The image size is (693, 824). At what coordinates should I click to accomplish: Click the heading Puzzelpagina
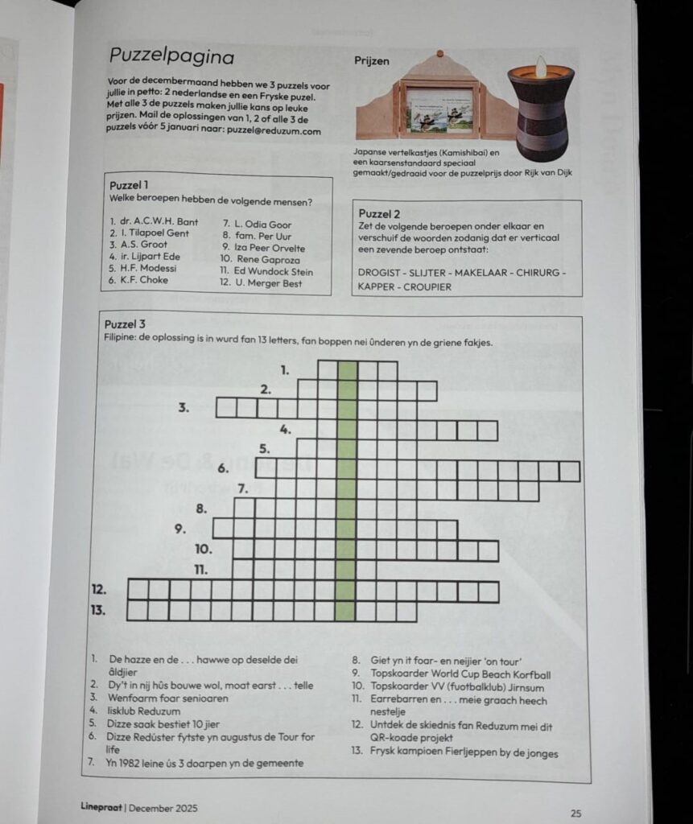(171, 56)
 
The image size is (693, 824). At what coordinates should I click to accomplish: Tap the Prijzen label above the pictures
(372, 61)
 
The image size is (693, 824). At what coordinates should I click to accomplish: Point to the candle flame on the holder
(540, 66)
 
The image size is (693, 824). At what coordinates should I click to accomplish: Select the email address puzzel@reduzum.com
(274, 131)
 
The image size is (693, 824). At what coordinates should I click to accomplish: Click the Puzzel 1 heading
(129, 186)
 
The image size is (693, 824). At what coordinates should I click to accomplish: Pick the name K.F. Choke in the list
(138, 280)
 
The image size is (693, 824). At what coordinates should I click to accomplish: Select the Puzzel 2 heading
(379, 214)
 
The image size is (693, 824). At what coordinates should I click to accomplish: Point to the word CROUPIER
(427, 287)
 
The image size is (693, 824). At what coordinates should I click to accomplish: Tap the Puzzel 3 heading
(125, 324)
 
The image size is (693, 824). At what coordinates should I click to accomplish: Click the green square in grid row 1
(347, 370)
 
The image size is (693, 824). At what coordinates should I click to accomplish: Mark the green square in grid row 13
(345, 612)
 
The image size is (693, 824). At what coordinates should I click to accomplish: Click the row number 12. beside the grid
(99, 589)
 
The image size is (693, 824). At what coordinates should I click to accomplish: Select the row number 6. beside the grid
(224, 469)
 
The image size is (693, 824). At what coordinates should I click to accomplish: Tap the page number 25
(575, 814)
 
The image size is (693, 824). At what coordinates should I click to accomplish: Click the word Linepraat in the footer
(101, 806)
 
